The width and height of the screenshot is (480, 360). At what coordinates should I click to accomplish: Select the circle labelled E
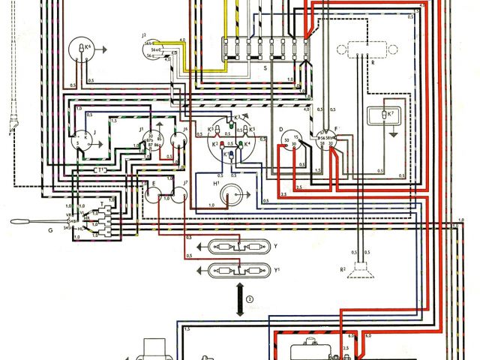(x=155, y=196)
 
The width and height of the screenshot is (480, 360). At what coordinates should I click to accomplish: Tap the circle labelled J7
(x=179, y=196)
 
